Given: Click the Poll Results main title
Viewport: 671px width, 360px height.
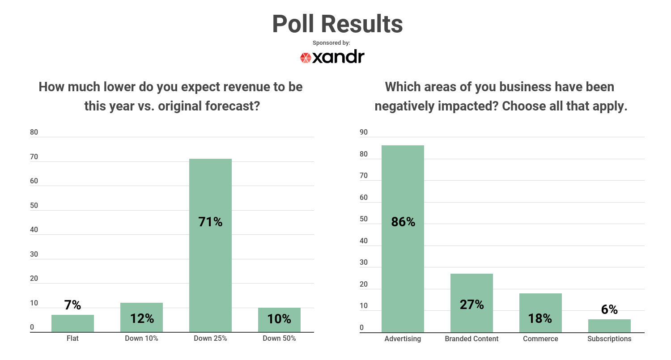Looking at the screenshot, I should (337, 24).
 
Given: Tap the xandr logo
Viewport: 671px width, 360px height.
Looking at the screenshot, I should (332, 57).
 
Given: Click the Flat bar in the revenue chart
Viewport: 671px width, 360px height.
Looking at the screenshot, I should (72, 323).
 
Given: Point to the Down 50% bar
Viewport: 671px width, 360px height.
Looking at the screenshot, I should (279, 320).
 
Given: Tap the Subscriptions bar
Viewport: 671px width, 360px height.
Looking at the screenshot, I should (609, 326).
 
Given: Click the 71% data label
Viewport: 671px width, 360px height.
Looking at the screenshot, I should (210, 222).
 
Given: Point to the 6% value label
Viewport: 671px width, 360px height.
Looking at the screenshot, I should (609, 309).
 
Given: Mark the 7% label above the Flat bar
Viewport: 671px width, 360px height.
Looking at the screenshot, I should (72, 305).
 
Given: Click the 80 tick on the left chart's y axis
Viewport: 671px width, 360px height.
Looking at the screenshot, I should (34, 132).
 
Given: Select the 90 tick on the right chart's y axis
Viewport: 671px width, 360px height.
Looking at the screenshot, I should (364, 132).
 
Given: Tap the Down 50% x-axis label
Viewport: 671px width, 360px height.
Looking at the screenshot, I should (279, 339).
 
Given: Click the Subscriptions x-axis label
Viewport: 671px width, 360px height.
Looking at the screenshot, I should (609, 339).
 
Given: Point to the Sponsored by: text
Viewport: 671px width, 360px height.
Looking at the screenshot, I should (331, 43).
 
